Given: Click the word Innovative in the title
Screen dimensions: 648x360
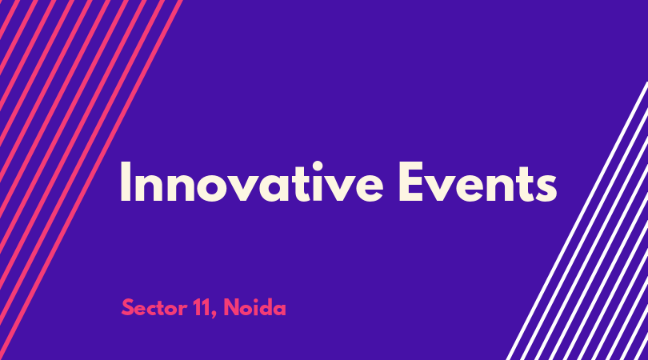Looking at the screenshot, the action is tap(251, 182).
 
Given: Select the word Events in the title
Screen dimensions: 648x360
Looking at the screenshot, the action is tap(478, 182).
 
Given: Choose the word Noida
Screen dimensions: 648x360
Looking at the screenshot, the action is tap(254, 307).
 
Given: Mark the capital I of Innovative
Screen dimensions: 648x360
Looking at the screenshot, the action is tap(126, 182).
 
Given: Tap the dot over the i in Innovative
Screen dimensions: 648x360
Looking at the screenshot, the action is tap(317, 166).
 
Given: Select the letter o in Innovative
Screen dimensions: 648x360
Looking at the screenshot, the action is tap(214, 187).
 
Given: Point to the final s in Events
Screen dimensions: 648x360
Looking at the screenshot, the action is tap(545, 187).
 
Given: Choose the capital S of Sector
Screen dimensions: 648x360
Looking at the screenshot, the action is tap(127, 308).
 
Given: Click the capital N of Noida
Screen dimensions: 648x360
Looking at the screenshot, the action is tap(231, 308).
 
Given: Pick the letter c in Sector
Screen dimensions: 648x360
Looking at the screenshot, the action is tap(152, 310).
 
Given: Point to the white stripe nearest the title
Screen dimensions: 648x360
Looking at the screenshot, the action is tap(577, 221).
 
